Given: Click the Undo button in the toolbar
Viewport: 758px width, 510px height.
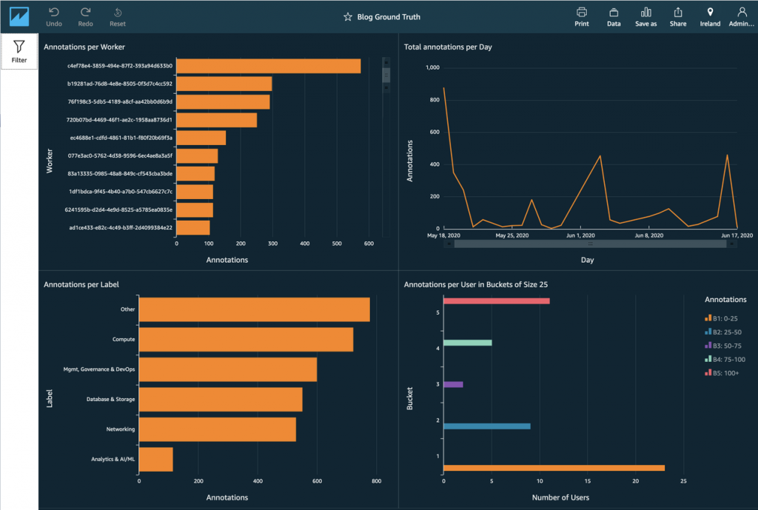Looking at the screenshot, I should [x=54, y=16].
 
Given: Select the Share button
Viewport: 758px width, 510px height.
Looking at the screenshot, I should [x=677, y=16].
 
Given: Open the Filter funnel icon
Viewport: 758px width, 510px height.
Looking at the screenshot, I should [x=19, y=51].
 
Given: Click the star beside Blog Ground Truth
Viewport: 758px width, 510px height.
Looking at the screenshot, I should [x=347, y=17].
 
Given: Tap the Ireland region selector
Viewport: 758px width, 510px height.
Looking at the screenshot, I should [x=710, y=16].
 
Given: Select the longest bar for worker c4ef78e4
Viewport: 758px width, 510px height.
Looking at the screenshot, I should [x=268, y=66].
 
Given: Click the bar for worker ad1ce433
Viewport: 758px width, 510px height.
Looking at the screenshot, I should [x=193, y=228].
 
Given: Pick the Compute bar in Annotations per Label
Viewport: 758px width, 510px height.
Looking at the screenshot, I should [x=246, y=340].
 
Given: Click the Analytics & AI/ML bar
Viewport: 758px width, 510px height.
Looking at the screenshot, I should [x=156, y=459].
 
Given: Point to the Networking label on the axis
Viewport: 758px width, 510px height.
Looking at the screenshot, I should [x=121, y=429].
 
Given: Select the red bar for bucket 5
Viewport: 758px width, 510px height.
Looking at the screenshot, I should [x=496, y=301].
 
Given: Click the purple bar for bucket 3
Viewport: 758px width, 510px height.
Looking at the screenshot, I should [x=453, y=384].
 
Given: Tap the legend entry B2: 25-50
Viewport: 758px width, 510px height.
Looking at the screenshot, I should [x=725, y=332].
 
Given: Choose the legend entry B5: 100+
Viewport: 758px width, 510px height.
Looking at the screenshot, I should [x=725, y=373].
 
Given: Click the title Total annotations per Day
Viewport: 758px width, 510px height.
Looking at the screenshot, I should [x=448, y=47].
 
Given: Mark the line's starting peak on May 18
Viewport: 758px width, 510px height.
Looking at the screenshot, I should [x=443, y=88].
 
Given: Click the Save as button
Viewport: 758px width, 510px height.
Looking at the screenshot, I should [x=645, y=16].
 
